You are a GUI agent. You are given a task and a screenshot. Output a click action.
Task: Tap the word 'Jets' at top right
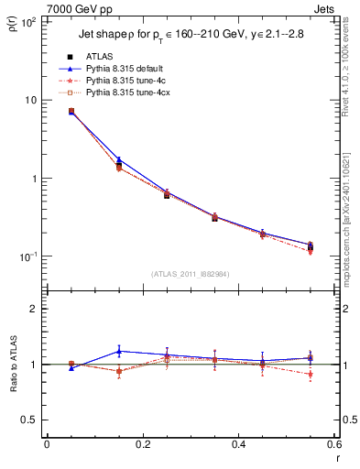[x=325, y=7]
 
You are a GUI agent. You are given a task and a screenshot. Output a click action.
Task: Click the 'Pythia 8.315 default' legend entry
[x=115, y=69]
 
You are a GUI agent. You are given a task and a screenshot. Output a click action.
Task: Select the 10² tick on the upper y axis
[x=29, y=21]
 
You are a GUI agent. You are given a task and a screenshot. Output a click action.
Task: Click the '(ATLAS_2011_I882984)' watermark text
[x=190, y=274]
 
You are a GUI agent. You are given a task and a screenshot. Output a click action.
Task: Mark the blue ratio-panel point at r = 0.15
[x=118, y=351]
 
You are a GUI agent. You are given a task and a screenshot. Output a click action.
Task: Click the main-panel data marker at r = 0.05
[x=71, y=112]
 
